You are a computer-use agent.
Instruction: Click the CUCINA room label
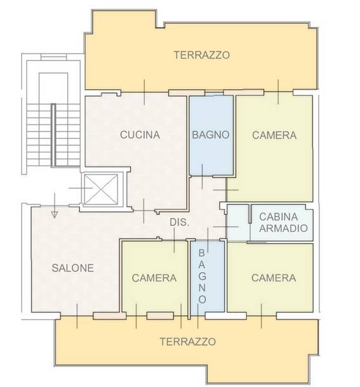pos(140,135)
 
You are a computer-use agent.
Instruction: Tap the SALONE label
pos(73,268)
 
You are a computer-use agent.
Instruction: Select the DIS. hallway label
pos(180,222)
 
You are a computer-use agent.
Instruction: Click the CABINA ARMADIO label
pos(283,222)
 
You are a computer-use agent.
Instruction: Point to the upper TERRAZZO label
pos(202,55)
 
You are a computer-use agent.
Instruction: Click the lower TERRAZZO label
pos(188,342)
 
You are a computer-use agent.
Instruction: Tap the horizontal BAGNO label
pos(211,135)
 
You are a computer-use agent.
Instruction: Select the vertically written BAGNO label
pos(202,276)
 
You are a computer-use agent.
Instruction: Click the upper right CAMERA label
pos(274,135)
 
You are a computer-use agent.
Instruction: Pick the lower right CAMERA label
pos(274,278)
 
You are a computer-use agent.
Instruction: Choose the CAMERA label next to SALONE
pos(154,278)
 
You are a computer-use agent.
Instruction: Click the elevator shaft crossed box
pos(101,189)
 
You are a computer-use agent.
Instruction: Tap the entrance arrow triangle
pos(55,215)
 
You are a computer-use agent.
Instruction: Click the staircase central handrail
pos(53,135)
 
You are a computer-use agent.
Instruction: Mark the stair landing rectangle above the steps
pos(53,88)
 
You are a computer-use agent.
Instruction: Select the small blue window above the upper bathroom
pos(214,94)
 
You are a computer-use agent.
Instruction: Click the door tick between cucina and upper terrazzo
pos(144,92)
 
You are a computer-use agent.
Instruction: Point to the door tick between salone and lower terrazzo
pos(77,316)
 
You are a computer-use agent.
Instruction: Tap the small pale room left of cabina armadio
pos(237,222)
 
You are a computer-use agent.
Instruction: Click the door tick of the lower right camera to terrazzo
pos(261,316)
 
